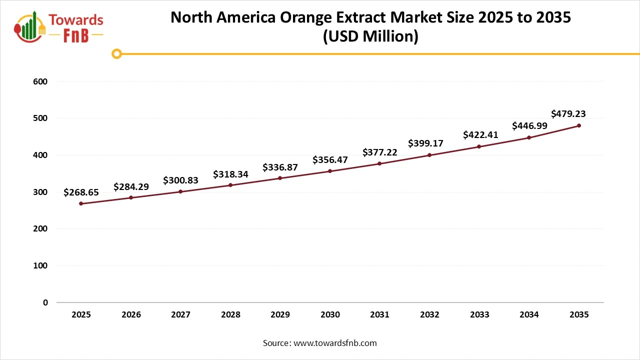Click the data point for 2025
tap(81, 203)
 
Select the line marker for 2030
tap(330, 171)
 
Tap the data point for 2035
tap(579, 125)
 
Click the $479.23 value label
tap(568, 113)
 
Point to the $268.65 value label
tap(81, 192)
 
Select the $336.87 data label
tap(280, 167)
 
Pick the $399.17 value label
tap(425, 143)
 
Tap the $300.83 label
tap(180, 180)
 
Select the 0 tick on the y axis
tap(45, 302)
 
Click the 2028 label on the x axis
tap(230, 315)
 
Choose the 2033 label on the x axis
tap(479, 315)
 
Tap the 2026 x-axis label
tap(131, 315)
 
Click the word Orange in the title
tap(312, 17)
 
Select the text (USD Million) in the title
tap(370, 36)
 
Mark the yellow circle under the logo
tap(116, 53)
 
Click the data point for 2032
tap(429, 155)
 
